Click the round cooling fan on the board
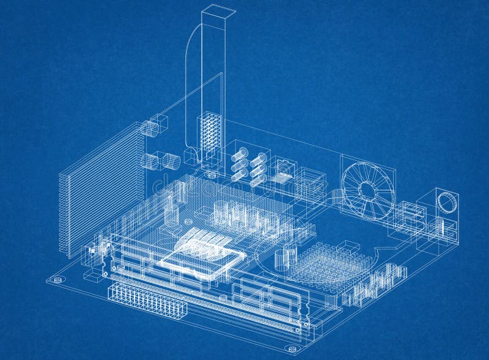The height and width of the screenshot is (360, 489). click(x=367, y=188)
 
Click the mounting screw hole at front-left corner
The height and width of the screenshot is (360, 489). click(x=58, y=280)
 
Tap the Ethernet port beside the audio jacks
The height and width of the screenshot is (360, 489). click(x=282, y=171)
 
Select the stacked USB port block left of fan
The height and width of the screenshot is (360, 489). click(x=312, y=183)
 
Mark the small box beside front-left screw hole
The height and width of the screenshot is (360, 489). click(x=92, y=276)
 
